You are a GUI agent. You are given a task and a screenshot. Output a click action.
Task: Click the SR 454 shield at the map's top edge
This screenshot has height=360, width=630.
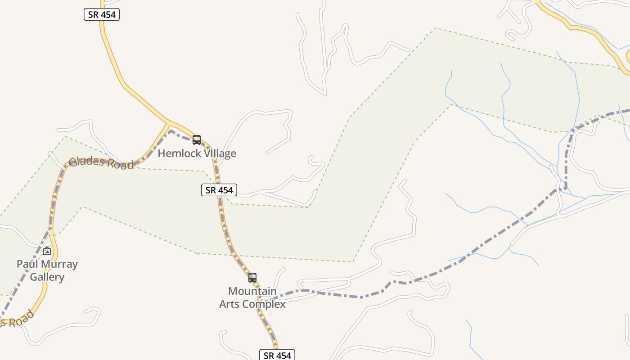click(x=102, y=14)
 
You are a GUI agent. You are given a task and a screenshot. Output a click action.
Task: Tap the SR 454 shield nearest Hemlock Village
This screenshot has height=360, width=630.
click(x=219, y=190)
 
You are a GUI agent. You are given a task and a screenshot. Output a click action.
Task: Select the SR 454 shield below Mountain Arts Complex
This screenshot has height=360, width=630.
click(x=277, y=355)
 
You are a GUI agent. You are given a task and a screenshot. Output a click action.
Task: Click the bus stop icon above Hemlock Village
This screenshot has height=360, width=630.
click(x=197, y=140)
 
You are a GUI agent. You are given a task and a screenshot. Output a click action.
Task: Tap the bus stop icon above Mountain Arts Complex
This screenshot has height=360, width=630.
click(x=252, y=278)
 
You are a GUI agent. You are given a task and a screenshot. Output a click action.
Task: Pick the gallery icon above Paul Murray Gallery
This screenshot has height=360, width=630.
click(x=47, y=251)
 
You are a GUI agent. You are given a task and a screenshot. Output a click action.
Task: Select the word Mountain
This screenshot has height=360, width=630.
click(x=252, y=291)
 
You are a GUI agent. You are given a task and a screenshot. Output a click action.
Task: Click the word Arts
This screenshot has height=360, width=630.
click(x=229, y=304)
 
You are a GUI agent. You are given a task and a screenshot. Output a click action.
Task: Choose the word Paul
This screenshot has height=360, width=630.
click(x=26, y=264)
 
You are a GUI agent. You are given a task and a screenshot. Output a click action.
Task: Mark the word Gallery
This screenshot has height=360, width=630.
click(x=47, y=277)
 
